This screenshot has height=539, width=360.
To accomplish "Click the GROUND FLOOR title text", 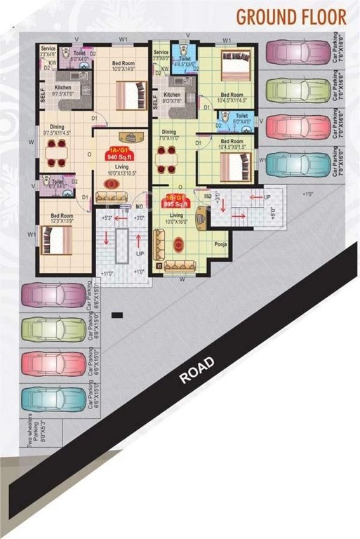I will click(291, 15).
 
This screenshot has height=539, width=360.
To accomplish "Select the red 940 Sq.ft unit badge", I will click(116, 154).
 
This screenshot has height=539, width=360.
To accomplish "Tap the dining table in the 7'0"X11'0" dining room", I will click(166, 159).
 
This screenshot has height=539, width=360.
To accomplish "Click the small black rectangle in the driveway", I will click(116, 314).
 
